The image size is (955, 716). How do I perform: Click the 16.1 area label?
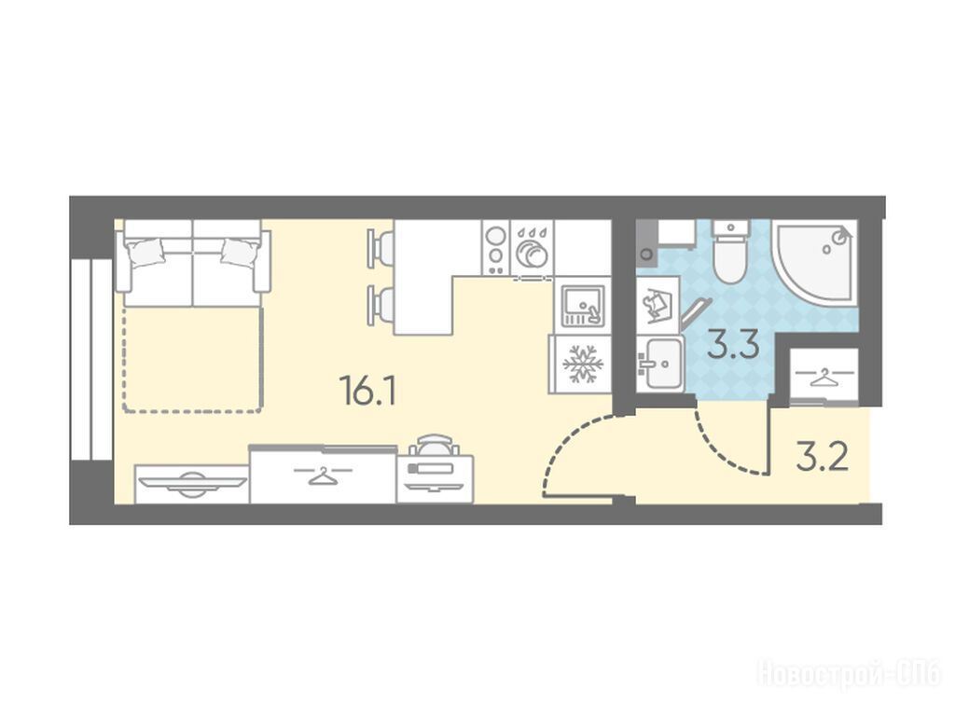(x=369, y=391)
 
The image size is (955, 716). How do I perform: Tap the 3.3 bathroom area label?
(x=733, y=345)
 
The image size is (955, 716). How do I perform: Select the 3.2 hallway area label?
(x=822, y=458)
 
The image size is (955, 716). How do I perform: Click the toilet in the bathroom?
(x=730, y=251)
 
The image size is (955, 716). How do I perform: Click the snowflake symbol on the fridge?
(x=583, y=365)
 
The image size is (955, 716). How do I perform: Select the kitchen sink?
(x=582, y=306)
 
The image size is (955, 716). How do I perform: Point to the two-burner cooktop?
(x=496, y=247)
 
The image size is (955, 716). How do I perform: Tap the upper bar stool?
(x=381, y=248)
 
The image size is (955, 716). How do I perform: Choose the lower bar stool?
(x=381, y=305)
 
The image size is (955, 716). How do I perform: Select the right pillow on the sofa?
(x=240, y=251)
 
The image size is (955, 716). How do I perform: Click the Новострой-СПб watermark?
(x=849, y=674)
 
